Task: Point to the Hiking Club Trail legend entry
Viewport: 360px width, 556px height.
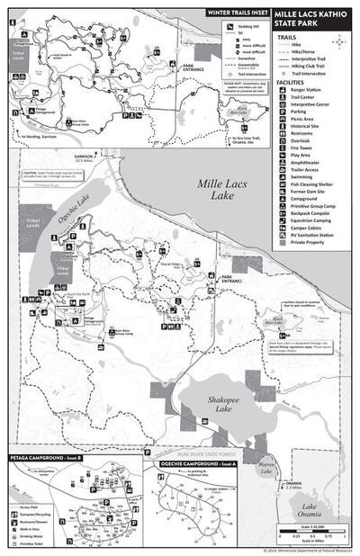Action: point(306,67)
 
